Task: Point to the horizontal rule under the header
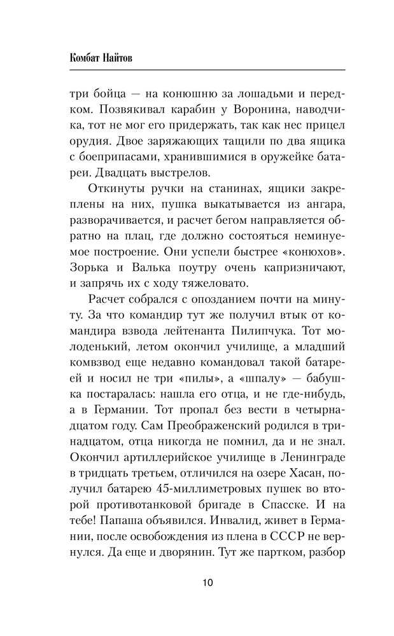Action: coord(208,69)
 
